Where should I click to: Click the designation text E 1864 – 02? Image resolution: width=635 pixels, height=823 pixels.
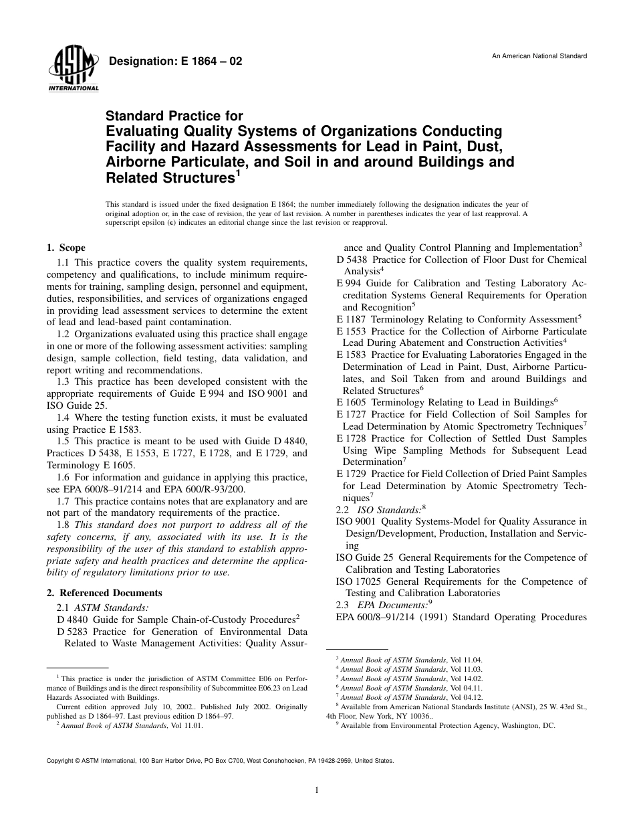pyautogui.click(x=175, y=62)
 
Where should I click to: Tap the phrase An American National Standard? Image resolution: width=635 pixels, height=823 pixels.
pyautogui.click(x=539, y=56)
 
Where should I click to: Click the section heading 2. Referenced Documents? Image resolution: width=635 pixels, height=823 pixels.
pyautogui.click(x=104, y=593)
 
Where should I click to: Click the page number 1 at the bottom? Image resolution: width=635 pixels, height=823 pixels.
pyautogui.click(x=317, y=790)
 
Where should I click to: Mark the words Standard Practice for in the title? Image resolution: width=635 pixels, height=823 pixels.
pyautogui.click(x=174, y=116)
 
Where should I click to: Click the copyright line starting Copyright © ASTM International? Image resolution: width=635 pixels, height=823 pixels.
pyautogui.click(x=220, y=761)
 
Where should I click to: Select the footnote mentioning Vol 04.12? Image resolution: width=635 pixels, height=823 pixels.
pyautogui.click(x=411, y=697)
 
